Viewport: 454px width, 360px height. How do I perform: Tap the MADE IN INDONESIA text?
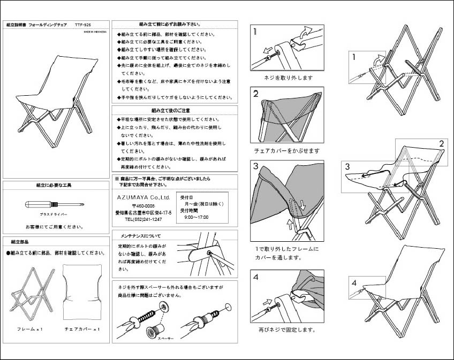click(95, 32)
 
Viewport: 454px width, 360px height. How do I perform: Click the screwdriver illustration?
click(54, 205)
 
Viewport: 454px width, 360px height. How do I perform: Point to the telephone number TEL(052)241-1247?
click(143, 219)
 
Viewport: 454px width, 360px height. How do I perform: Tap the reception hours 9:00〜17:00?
click(196, 218)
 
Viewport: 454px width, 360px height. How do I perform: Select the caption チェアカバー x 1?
click(82, 329)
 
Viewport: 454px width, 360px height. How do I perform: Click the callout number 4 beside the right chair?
click(354, 282)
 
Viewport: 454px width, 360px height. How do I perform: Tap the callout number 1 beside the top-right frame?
click(354, 56)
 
